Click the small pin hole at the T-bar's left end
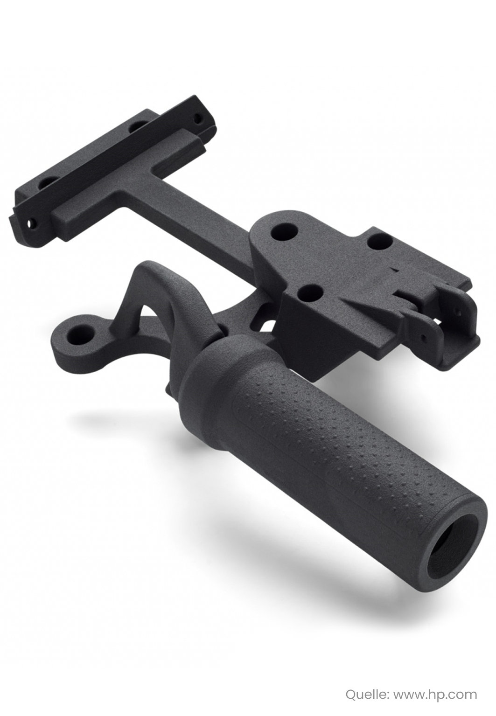click(x=32, y=222)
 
